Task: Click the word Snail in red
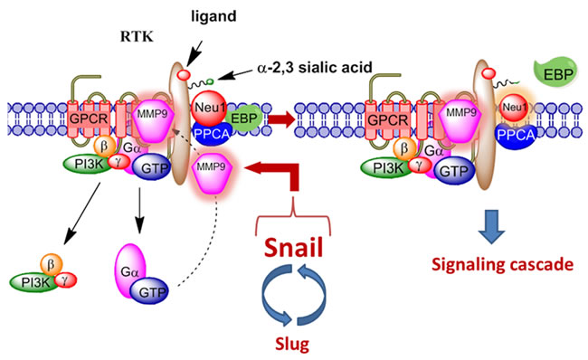tap(293, 248)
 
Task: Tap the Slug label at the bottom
tap(292, 343)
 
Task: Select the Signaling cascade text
tap(502, 265)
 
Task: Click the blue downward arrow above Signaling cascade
tap(491, 226)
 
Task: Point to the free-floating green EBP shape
tap(555, 72)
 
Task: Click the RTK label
tap(137, 37)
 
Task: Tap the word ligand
tap(213, 16)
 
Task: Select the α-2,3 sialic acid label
tap(315, 67)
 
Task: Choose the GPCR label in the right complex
tap(387, 120)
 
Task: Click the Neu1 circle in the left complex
tap(210, 108)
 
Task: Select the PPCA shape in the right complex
tap(517, 136)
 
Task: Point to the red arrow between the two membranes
tap(281, 119)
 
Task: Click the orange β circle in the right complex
tap(403, 148)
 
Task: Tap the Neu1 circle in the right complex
tap(515, 108)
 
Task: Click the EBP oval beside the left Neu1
tap(243, 119)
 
